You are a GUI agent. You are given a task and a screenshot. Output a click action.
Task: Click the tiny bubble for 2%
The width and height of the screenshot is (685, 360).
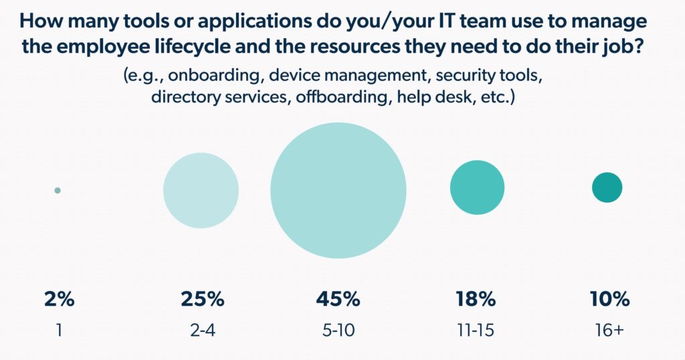58,191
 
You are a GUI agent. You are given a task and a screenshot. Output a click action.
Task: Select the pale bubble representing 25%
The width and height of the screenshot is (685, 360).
201,191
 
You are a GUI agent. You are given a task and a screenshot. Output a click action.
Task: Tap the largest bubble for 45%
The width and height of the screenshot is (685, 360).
338,191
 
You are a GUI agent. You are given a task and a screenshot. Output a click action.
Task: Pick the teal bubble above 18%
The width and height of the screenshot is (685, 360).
477,187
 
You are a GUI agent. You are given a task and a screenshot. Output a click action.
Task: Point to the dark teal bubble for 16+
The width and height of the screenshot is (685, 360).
607,187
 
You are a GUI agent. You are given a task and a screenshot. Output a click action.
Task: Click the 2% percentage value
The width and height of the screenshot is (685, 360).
60,300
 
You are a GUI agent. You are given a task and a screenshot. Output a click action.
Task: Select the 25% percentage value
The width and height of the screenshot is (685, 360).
202,300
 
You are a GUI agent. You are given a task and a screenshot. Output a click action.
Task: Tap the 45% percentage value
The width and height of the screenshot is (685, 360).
338,300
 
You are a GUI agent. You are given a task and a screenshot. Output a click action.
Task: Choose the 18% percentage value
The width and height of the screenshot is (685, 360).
476,300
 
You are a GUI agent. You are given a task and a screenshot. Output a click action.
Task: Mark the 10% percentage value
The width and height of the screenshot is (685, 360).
610,300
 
